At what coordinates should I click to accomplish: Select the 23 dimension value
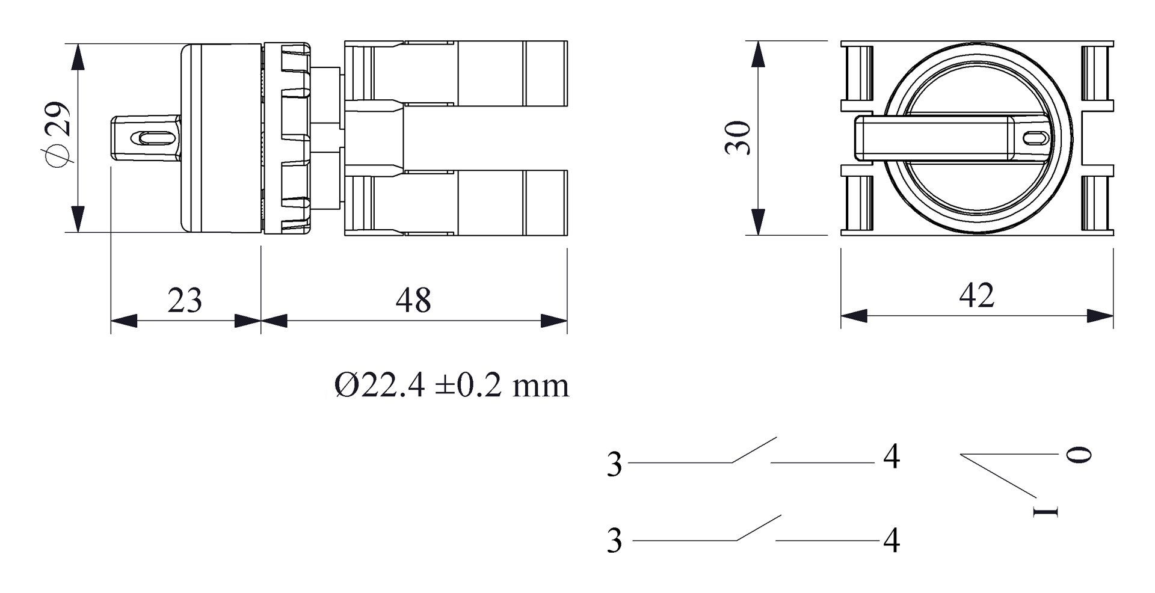click(185, 300)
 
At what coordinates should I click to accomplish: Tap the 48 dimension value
click(413, 300)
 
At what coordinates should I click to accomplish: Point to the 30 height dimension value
click(738, 138)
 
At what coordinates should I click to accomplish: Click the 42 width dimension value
click(976, 295)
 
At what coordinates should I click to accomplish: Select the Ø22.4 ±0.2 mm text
click(451, 385)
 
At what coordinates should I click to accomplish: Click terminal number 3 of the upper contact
click(614, 464)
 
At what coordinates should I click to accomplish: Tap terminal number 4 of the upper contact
click(892, 457)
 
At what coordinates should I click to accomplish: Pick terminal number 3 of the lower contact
click(614, 541)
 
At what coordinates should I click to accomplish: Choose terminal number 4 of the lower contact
click(892, 541)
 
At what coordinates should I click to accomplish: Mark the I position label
click(1045, 511)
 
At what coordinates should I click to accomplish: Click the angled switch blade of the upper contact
click(754, 450)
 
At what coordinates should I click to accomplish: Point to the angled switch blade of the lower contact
click(759, 528)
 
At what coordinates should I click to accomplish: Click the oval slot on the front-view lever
click(1035, 138)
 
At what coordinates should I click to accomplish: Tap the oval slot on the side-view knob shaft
click(154, 138)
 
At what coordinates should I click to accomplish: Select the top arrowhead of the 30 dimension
click(759, 54)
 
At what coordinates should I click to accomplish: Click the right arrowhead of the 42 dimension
click(1100, 316)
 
